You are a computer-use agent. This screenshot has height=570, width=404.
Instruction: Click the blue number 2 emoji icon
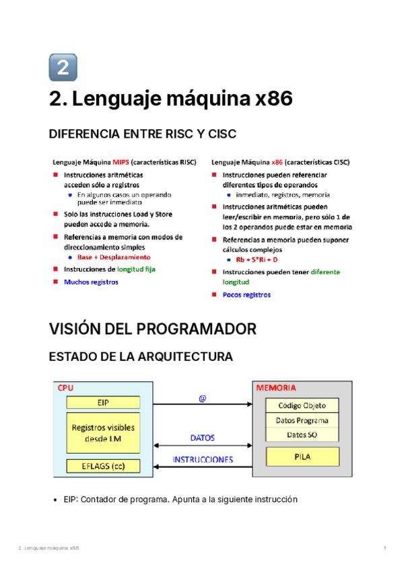click(63, 67)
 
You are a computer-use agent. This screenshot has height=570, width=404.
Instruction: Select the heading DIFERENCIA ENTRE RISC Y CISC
click(143, 134)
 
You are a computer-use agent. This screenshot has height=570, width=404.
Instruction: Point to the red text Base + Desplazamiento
click(114, 257)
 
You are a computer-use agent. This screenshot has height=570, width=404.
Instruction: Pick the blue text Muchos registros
click(91, 282)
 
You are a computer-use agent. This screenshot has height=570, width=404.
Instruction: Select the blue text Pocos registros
click(246, 294)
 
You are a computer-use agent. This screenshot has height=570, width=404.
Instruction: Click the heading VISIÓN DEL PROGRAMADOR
click(153, 329)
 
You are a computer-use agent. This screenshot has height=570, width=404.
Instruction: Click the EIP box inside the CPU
click(103, 402)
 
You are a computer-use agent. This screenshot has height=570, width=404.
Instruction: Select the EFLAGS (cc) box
click(103, 466)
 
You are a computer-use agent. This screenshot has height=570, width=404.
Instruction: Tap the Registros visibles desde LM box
click(103, 433)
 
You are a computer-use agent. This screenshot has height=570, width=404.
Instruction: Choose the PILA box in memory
click(302, 456)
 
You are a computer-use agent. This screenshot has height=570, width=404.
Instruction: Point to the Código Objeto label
click(302, 405)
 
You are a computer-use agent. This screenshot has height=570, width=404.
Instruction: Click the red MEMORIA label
click(276, 388)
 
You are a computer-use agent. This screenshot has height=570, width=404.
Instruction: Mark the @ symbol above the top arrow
click(202, 398)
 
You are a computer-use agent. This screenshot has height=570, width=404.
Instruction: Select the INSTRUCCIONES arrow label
click(203, 460)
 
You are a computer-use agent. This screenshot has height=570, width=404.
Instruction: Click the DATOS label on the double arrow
click(202, 438)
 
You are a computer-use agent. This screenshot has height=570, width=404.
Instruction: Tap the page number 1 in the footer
click(384, 549)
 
